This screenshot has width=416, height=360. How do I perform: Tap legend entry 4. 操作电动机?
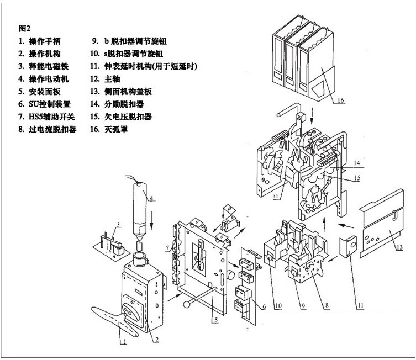[44, 78]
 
